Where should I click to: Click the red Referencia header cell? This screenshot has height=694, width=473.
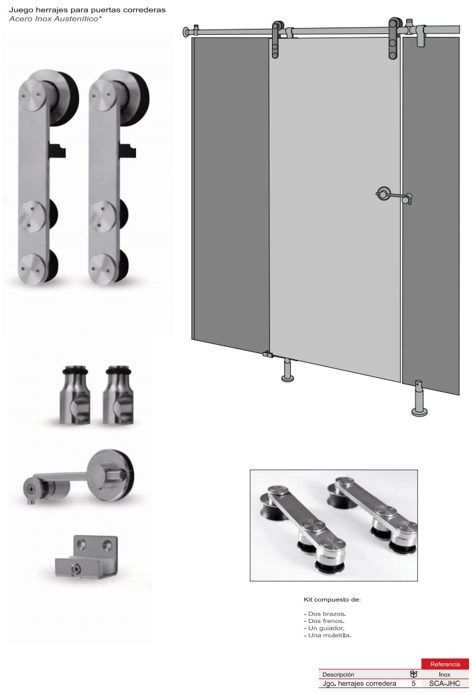(x=445, y=663)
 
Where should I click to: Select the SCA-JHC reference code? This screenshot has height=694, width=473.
(x=444, y=683)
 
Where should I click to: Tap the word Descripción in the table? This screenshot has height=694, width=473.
(x=338, y=675)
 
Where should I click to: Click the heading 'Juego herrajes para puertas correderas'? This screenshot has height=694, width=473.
(x=87, y=10)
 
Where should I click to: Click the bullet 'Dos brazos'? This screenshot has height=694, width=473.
(x=325, y=614)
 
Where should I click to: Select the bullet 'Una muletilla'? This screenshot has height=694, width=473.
(x=328, y=635)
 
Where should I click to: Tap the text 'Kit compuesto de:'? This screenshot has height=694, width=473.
(x=332, y=600)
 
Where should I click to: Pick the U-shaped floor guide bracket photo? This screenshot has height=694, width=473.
(x=86, y=557)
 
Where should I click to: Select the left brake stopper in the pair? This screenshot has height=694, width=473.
(x=75, y=395)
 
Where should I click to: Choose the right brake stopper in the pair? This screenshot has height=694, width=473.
(x=117, y=395)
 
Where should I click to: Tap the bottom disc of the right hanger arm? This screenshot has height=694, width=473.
(x=103, y=268)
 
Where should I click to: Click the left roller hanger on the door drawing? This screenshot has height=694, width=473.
(x=276, y=40)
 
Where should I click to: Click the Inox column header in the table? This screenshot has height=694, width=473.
(x=444, y=675)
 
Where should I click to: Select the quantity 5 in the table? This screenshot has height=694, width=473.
(x=414, y=683)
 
